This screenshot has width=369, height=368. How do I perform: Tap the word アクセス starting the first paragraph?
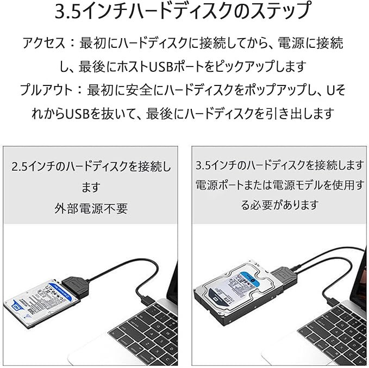(41, 43)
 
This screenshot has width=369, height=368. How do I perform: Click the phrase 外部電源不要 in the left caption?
(91, 208)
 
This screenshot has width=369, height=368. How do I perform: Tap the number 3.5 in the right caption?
(204, 164)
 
